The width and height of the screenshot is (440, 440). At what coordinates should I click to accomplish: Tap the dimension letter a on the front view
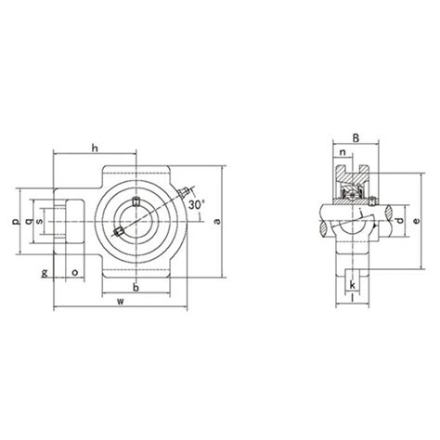coord(216,220)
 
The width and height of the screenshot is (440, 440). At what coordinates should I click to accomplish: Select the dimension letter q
coord(27,221)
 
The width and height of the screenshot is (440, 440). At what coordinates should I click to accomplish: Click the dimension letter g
coord(44,273)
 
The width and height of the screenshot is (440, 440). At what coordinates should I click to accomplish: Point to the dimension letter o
coord(74,273)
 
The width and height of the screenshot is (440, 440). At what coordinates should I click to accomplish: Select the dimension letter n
coord(343,156)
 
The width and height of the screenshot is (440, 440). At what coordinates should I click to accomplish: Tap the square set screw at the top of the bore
coord(136,202)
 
